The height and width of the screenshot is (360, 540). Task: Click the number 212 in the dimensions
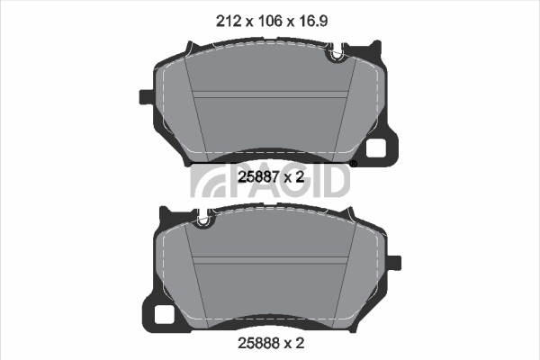pos(228,22)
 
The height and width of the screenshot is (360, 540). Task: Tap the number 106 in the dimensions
pos(270,22)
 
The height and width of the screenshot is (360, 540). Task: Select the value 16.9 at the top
pos(312,22)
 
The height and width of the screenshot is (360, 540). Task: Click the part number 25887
pos(258,177)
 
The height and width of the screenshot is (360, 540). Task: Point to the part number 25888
pos(258,343)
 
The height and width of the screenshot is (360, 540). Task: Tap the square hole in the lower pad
pos(163,314)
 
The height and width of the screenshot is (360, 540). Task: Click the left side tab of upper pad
pos(145,97)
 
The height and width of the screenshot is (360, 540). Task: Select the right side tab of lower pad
pos(394,263)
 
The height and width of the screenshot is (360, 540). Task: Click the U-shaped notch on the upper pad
pos(337,54)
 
